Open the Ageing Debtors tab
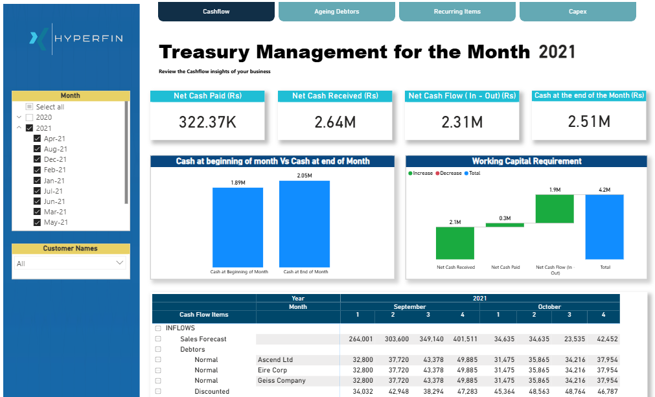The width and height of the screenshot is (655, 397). (336, 12)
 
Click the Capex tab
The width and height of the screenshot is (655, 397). (577, 12)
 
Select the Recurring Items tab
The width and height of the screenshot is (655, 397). (457, 12)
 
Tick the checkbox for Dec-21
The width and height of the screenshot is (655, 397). (37, 159)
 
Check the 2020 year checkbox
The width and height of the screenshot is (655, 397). (29, 117)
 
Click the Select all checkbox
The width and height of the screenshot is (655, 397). (29, 107)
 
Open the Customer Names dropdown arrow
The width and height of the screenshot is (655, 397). (119, 263)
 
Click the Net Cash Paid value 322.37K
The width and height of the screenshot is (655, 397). (207, 122)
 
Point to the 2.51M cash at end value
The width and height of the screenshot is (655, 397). (588, 122)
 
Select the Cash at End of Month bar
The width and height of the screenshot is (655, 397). (305, 223)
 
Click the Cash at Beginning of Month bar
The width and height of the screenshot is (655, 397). (238, 227)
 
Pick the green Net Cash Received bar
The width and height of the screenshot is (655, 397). (455, 243)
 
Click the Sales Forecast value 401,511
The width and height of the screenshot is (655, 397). (463, 339)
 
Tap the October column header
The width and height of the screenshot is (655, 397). (549, 306)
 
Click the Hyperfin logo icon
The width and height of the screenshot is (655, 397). (38, 38)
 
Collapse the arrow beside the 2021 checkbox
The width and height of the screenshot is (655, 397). (19, 128)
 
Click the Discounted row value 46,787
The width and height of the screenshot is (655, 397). (603, 391)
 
